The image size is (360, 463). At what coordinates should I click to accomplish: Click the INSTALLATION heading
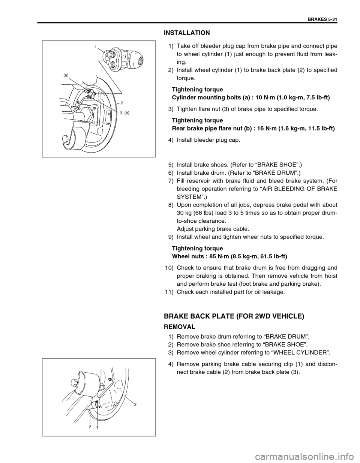point(187,33)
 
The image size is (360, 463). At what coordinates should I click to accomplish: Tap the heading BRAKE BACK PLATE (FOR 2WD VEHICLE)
point(234,316)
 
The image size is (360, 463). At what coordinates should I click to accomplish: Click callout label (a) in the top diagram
point(66,75)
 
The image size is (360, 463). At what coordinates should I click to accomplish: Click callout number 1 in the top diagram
point(96,46)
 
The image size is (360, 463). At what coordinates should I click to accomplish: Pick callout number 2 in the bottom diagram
point(90,427)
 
